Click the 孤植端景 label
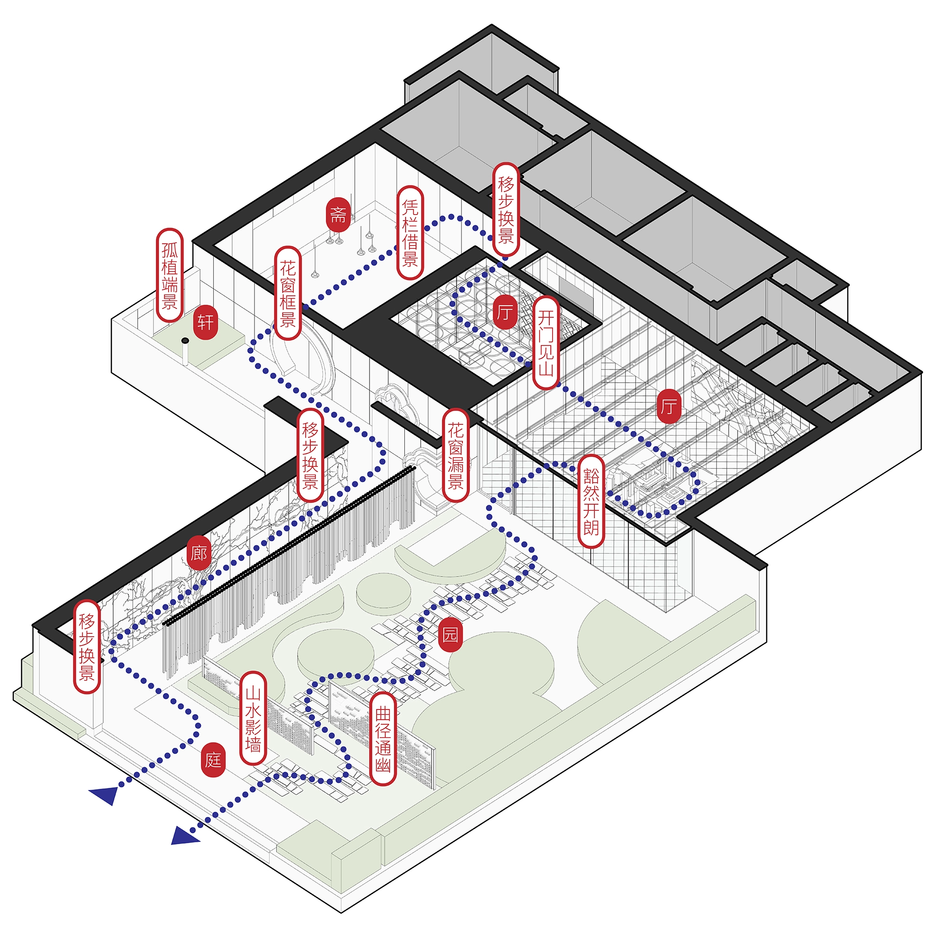click(x=169, y=276)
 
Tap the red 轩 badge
click(x=205, y=322)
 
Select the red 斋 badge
click(x=338, y=215)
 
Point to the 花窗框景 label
click(x=288, y=293)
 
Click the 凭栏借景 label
click(x=410, y=233)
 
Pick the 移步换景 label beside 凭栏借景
click(x=506, y=209)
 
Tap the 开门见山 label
click(x=546, y=343)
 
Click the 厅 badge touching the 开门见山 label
click(x=506, y=312)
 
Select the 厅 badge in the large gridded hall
click(x=669, y=405)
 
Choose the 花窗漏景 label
click(x=455, y=455)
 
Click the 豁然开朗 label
click(x=591, y=501)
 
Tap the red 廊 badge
click(x=199, y=553)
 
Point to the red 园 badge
click(x=450, y=634)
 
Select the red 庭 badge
click(x=213, y=759)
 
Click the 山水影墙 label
click(x=253, y=719)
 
